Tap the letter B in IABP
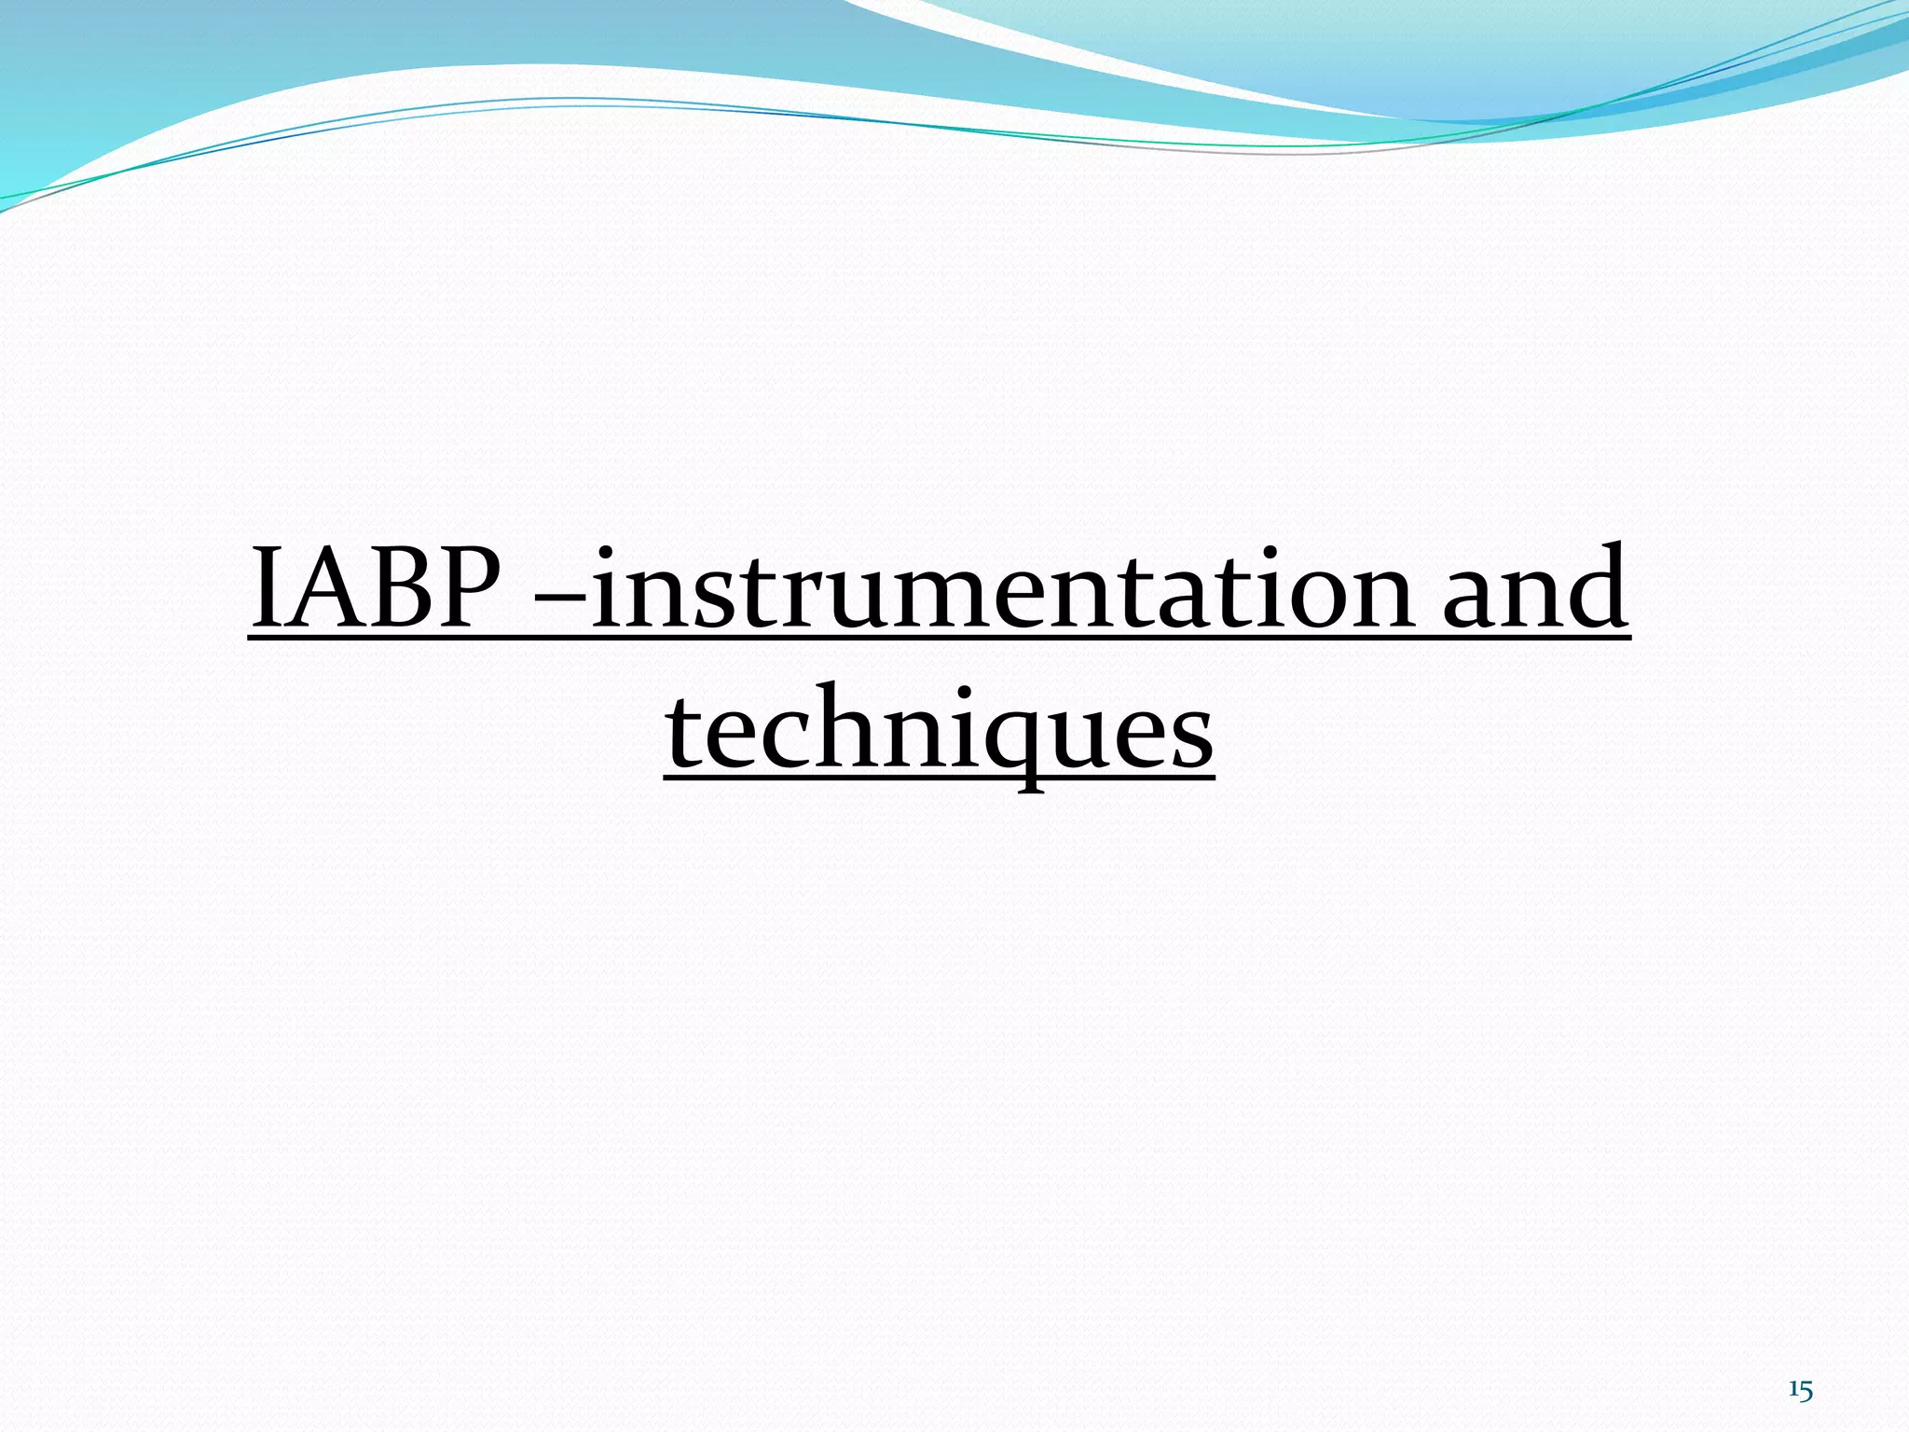401,589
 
